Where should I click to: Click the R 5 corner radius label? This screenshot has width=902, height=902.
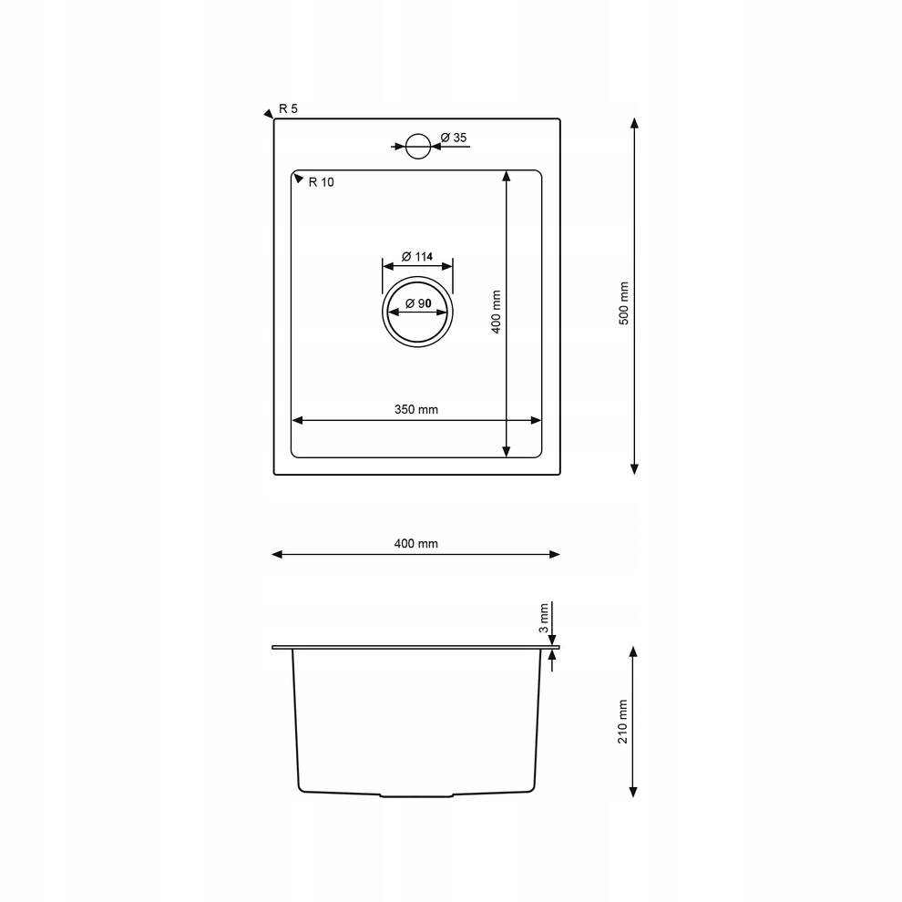288,108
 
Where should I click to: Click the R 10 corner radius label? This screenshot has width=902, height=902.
321,182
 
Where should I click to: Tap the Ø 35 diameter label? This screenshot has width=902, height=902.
454,138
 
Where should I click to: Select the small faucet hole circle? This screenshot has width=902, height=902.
418,147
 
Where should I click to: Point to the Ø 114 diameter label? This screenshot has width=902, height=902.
417,257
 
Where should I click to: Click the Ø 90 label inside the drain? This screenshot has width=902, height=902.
418,303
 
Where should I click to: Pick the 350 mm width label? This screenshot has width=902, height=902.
415,410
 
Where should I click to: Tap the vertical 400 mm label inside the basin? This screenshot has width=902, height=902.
497,312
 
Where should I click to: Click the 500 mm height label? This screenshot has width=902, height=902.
624,303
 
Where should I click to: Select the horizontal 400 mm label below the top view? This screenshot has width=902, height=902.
415,544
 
